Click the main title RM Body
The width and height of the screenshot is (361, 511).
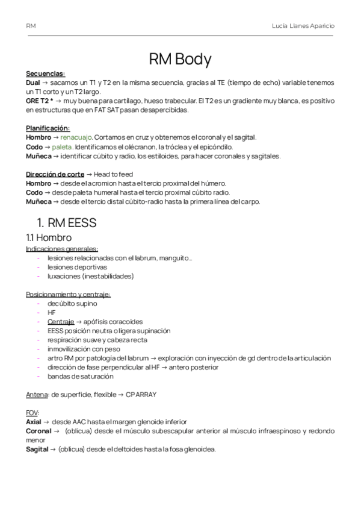[180, 59]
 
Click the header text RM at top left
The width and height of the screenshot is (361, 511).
[31, 27]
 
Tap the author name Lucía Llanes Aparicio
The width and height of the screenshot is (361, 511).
[304, 27]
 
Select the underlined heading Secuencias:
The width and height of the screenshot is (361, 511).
[46, 74]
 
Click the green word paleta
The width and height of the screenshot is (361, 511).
[62, 146]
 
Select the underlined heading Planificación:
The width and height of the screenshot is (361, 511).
[48, 128]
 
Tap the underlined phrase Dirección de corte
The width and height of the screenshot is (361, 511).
[51, 174]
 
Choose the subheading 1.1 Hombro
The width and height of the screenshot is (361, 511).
[49, 237]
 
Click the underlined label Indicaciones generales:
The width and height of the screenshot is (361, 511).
[62, 249]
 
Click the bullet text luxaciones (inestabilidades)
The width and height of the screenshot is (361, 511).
[90, 276]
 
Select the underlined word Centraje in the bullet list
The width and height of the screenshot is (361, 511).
[61, 322]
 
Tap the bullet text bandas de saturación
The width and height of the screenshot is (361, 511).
[80, 376]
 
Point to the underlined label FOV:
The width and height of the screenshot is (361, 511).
[32, 413]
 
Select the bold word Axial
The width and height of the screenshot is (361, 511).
[34, 422]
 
